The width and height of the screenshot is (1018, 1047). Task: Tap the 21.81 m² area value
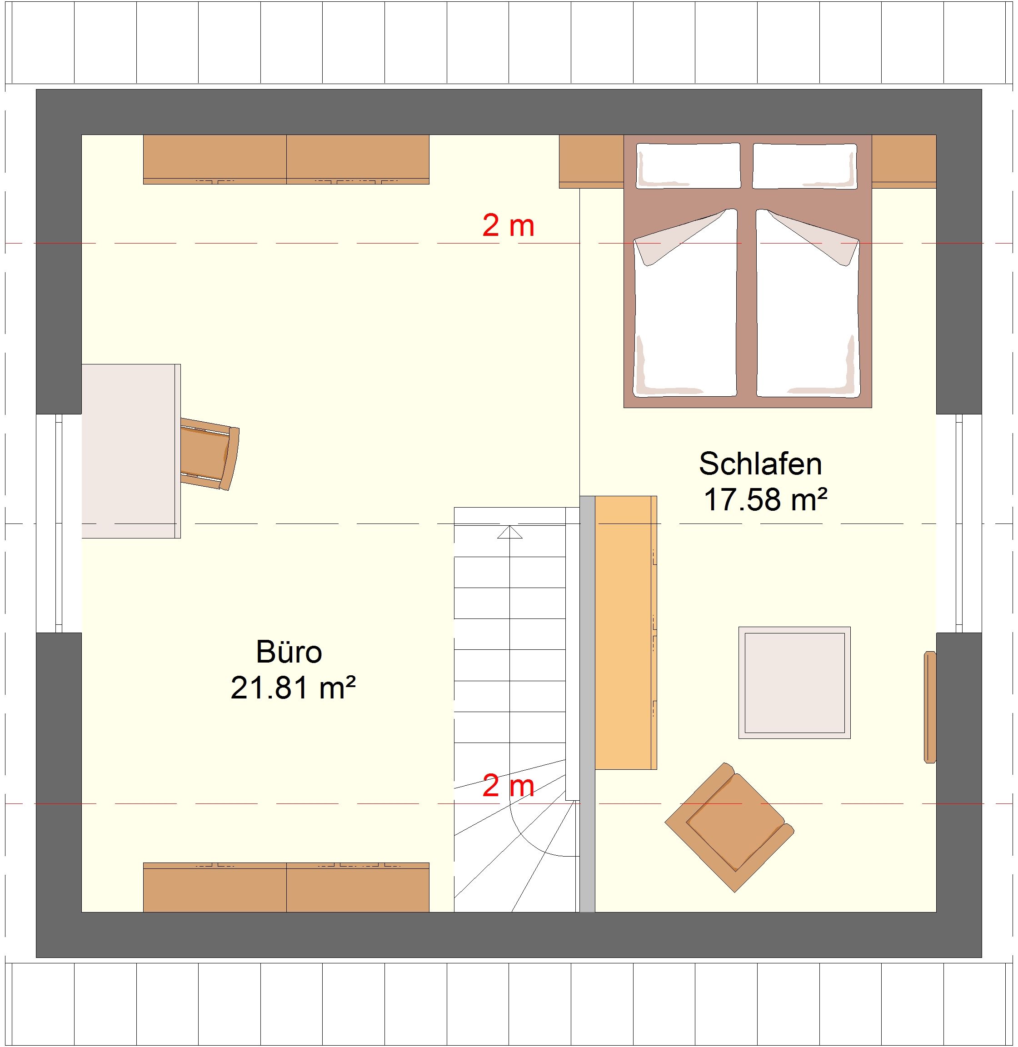[x=293, y=688]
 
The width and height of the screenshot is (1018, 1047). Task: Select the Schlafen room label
[x=760, y=464]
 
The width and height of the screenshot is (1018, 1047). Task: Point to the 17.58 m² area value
[x=766, y=500]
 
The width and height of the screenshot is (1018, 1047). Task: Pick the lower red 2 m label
[x=508, y=786]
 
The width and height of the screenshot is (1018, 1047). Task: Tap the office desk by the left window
[x=131, y=451]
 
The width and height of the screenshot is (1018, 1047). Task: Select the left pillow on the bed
[x=689, y=165]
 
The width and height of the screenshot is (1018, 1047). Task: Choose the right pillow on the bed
[x=805, y=165]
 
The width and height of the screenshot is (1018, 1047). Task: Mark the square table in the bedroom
[x=794, y=683]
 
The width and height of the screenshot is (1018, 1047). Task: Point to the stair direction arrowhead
[x=509, y=532]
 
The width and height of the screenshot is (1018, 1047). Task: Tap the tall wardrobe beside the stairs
[x=625, y=633]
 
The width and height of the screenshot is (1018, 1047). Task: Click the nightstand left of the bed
[x=591, y=161]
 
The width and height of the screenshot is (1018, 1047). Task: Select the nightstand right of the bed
[x=903, y=161]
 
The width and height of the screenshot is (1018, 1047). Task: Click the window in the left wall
[x=59, y=523]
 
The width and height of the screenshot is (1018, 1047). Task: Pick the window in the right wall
[x=959, y=523]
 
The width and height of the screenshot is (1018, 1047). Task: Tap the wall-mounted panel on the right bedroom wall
[x=930, y=707]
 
